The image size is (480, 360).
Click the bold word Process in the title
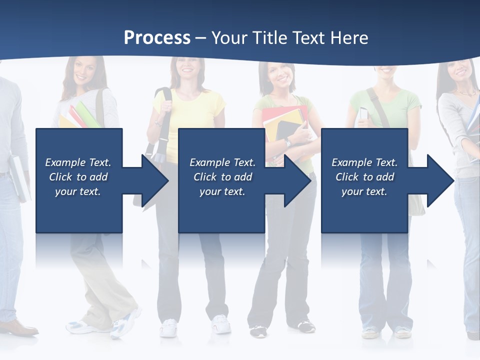pos(157,38)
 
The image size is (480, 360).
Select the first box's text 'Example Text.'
pos(78,162)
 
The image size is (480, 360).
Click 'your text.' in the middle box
pos(222,191)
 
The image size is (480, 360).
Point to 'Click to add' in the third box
pos(364,177)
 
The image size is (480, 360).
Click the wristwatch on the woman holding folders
pos(287,143)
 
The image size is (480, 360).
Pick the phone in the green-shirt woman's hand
pos(363,114)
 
